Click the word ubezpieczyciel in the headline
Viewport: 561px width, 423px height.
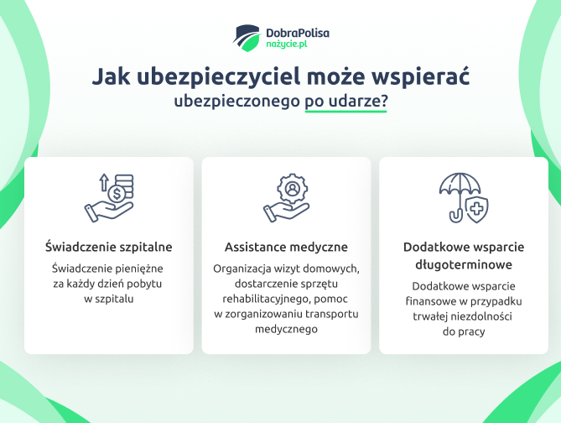point(195,77)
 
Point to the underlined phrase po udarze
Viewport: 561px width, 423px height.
point(345,101)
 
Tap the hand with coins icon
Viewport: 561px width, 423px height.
point(108,198)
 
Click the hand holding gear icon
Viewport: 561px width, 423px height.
point(286,198)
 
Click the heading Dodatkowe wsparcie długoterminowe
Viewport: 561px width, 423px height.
point(463,256)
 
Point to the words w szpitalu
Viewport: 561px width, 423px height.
point(108,298)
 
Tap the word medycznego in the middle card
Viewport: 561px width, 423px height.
point(286,329)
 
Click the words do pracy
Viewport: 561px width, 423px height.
point(463,332)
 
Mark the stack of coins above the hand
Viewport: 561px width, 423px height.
point(122,184)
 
